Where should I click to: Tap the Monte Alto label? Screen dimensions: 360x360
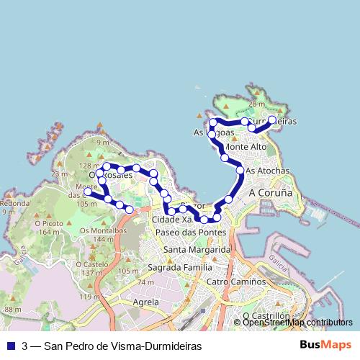(x=246, y=147)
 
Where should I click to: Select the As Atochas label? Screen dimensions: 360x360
(x=267, y=171)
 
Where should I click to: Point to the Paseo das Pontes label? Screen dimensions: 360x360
(x=190, y=232)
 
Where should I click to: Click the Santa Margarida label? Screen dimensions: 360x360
(x=197, y=249)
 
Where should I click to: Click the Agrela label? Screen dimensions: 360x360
(x=146, y=303)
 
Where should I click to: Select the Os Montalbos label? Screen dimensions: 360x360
(x=104, y=230)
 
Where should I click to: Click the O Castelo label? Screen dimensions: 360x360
(x=95, y=264)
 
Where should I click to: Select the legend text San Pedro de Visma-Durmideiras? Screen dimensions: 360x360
(x=112, y=346)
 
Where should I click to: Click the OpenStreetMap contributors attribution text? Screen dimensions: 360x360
(x=297, y=323)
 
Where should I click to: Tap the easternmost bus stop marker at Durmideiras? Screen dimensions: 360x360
(x=272, y=120)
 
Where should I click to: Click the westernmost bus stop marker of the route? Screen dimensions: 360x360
(x=88, y=192)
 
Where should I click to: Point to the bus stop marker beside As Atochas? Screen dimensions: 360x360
(x=240, y=170)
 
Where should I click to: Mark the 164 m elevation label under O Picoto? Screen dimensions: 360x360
(x=50, y=233)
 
